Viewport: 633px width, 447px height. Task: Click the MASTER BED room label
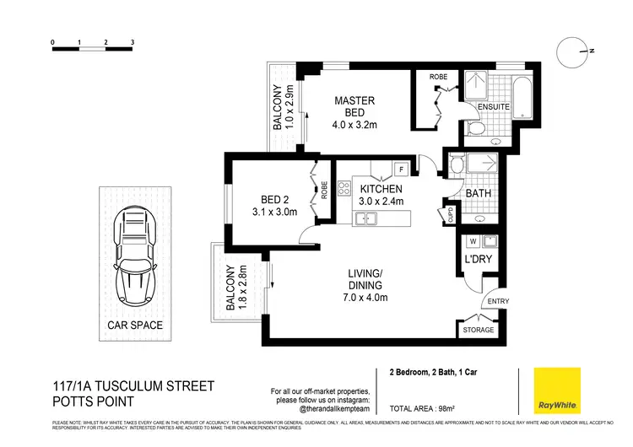pyautogui.click(x=354, y=106)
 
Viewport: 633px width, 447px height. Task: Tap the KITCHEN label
pyautogui.click(x=381, y=189)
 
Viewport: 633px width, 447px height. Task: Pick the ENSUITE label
pyautogui.click(x=493, y=108)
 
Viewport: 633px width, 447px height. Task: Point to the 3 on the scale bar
pyautogui.click(x=133, y=41)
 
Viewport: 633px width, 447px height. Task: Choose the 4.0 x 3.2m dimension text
pyautogui.click(x=354, y=126)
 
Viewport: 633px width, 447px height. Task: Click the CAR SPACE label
pyautogui.click(x=134, y=325)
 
